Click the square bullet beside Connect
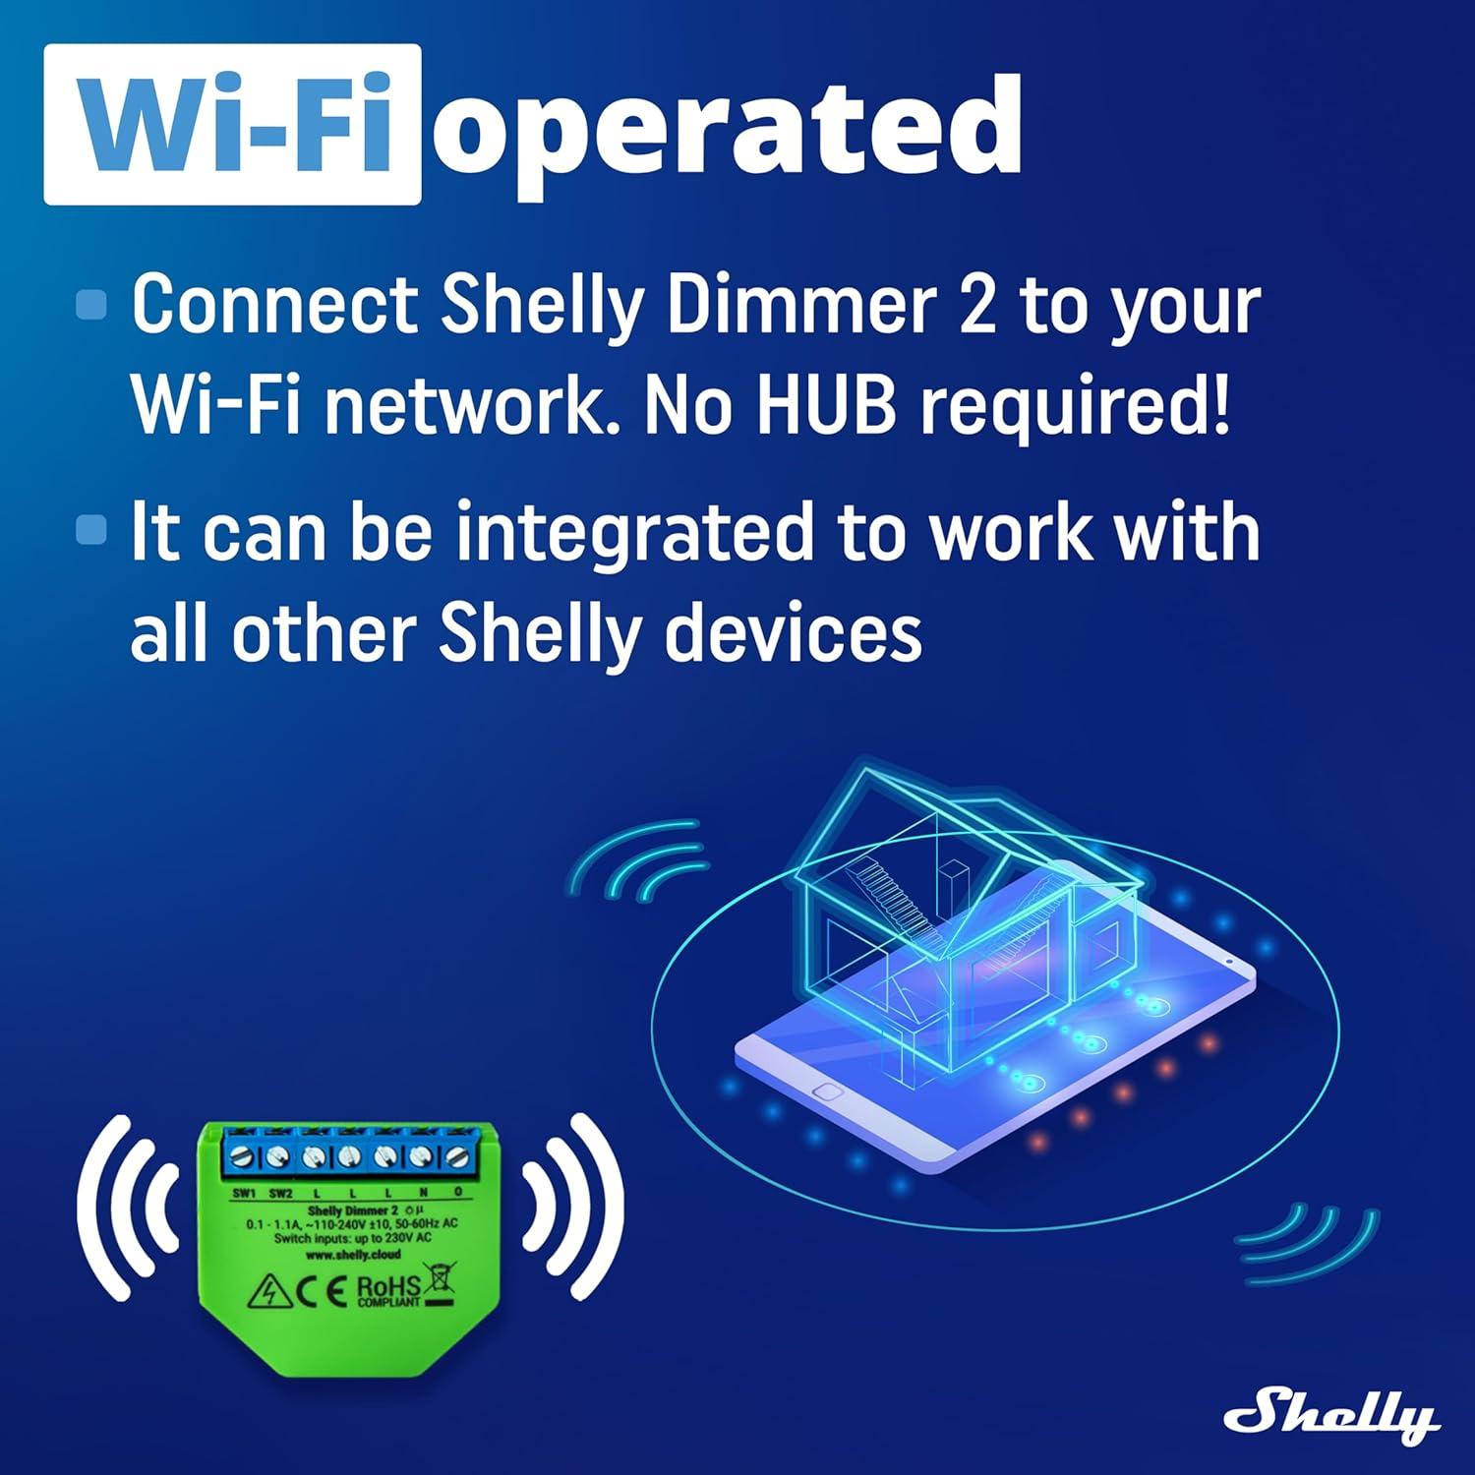(x=90, y=304)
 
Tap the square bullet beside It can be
(x=90, y=530)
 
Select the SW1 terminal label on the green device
(x=244, y=1194)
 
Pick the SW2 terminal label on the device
(x=280, y=1194)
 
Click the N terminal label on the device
(x=424, y=1194)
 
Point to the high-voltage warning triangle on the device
(x=267, y=1291)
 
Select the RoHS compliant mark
(x=387, y=1290)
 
